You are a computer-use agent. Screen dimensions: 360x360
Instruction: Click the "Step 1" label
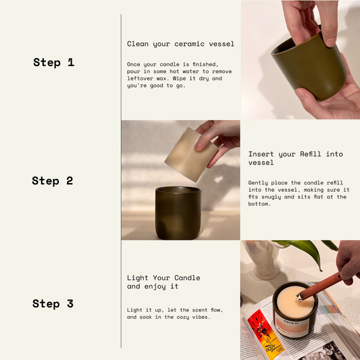coord(54,62)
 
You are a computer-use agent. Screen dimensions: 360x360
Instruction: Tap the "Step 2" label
coord(53,181)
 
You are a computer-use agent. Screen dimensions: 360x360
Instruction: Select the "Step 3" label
coord(53,304)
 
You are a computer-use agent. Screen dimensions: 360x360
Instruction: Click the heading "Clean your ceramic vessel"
coord(181,44)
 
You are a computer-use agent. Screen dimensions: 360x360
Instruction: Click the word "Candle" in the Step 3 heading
coord(187,278)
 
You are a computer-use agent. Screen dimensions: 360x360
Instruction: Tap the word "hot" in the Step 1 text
coord(174,72)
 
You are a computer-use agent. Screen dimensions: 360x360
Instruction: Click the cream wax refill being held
coord(190,155)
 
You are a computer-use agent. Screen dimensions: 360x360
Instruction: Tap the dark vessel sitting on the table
coord(178,213)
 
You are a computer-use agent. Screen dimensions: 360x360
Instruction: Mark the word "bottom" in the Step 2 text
coord(258,204)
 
